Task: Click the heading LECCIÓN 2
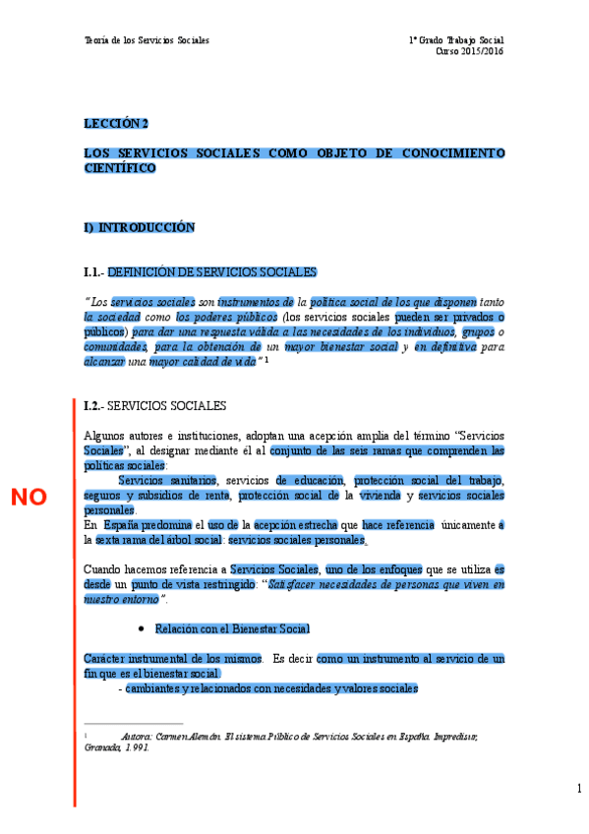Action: point(115,124)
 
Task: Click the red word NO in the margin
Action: point(29,497)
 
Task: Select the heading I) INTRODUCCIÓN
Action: point(140,227)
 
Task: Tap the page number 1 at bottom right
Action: point(579,789)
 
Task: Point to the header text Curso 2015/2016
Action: point(470,51)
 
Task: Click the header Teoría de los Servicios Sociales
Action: point(147,40)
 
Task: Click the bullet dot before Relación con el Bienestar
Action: point(143,627)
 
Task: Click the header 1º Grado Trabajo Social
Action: point(456,40)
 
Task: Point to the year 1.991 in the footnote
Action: point(136,747)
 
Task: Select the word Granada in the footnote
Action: point(103,747)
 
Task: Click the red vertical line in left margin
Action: point(73,600)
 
